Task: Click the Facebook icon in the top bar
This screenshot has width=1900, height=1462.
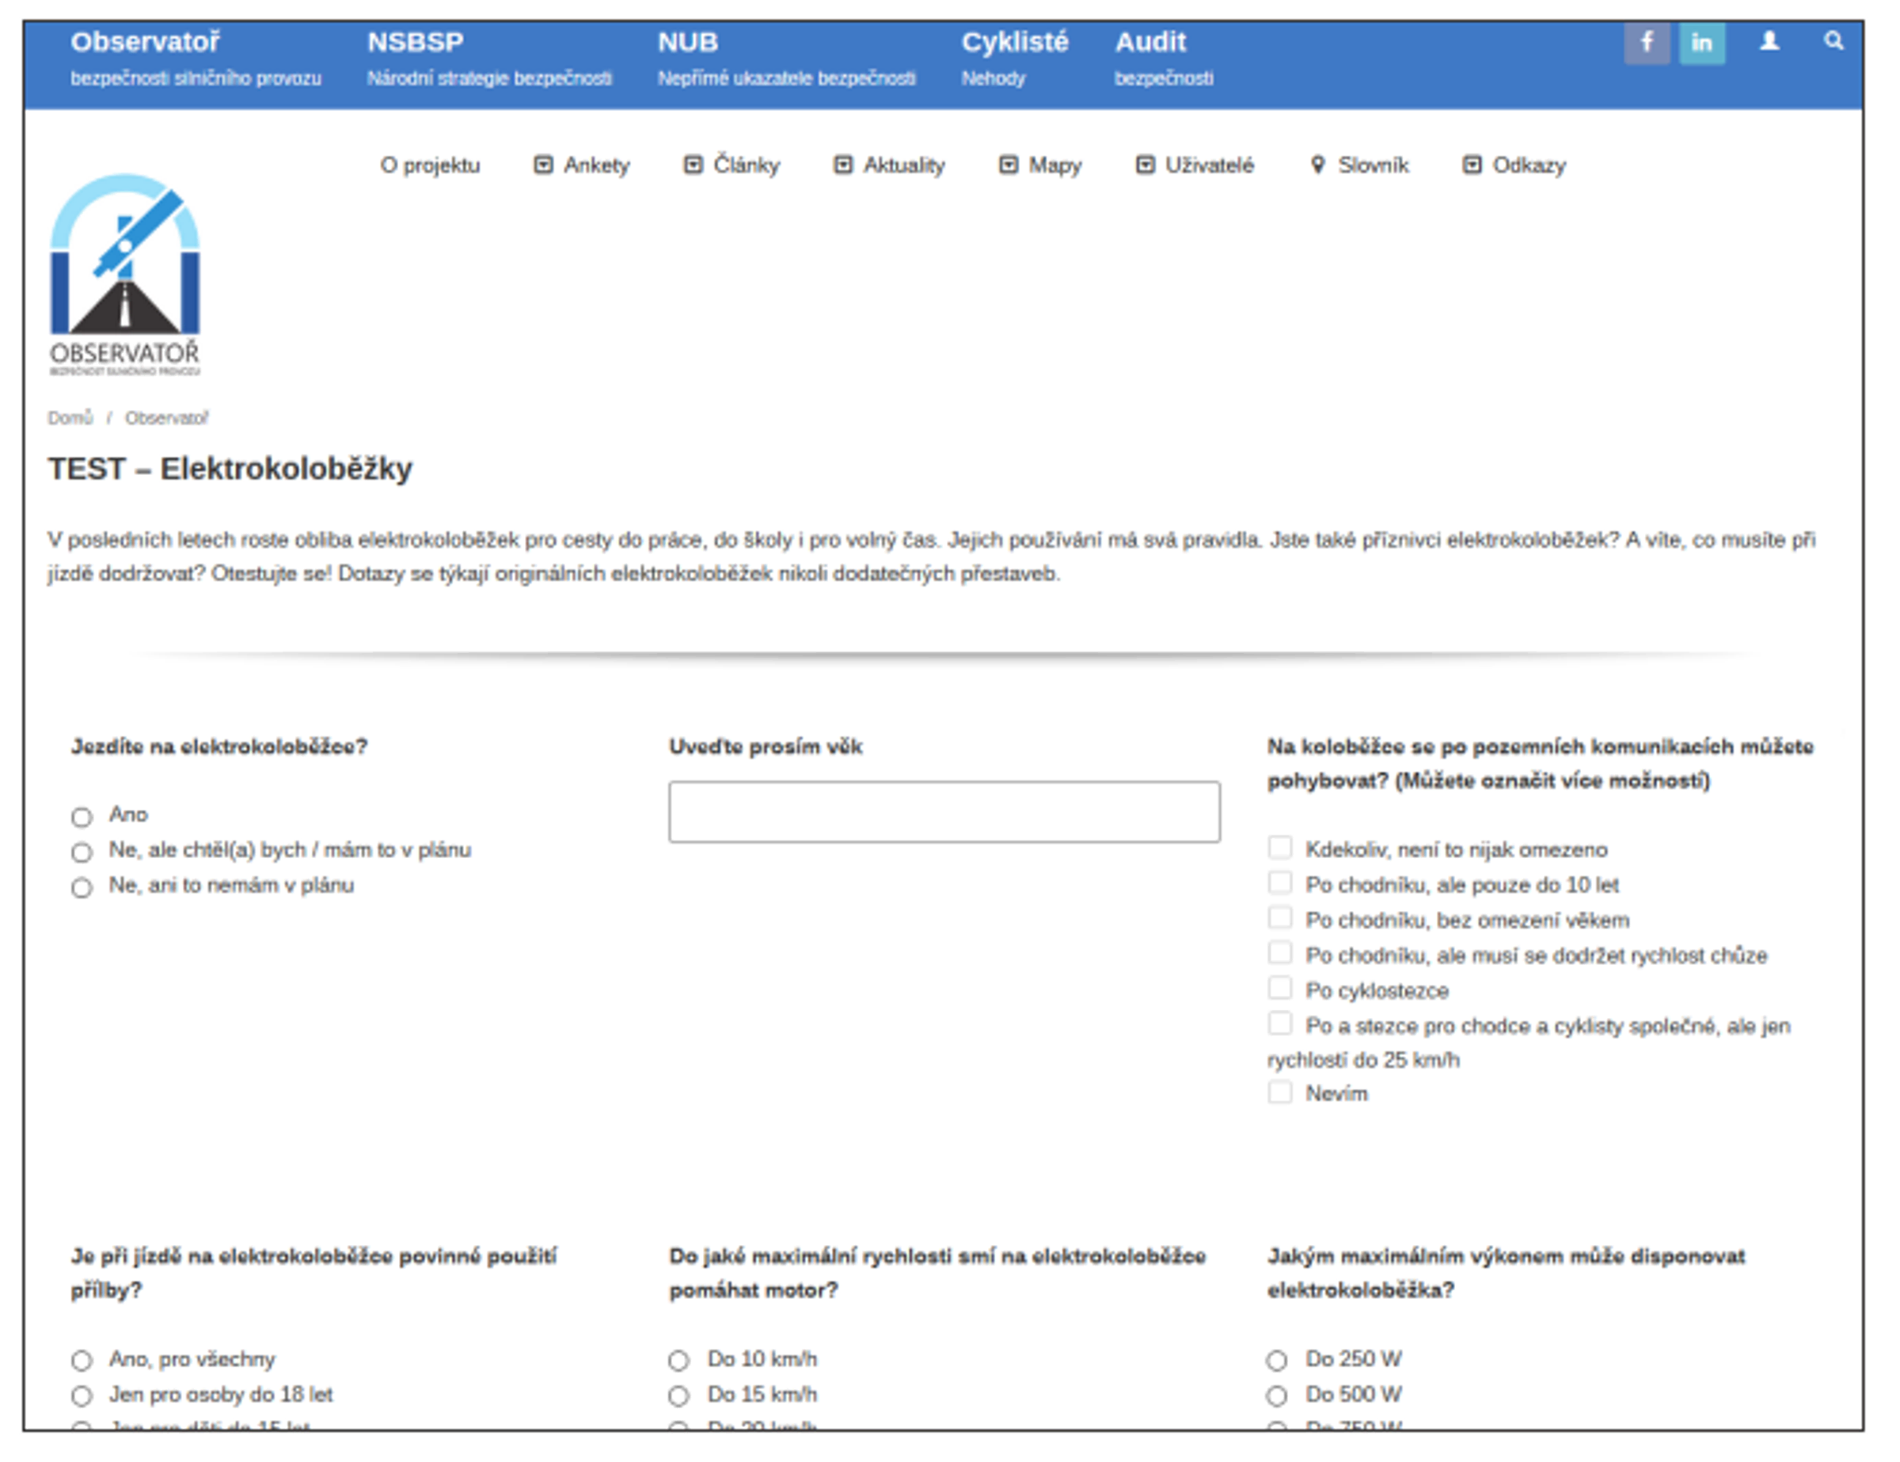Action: click(1646, 43)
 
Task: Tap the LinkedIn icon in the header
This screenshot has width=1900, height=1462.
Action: click(1700, 43)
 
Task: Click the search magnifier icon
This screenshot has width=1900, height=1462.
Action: click(1832, 41)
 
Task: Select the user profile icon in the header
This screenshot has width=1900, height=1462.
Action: click(1769, 41)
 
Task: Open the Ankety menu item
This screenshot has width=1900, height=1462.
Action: click(582, 165)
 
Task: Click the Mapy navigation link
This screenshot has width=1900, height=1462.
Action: click(1041, 165)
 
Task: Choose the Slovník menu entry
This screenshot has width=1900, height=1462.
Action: click(1360, 165)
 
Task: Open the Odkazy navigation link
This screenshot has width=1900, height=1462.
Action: click(1514, 165)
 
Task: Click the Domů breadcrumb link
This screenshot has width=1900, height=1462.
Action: click(70, 418)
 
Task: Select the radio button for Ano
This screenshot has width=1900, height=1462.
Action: click(82, 817)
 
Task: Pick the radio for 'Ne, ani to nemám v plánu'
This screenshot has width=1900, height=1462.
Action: click(82, 887)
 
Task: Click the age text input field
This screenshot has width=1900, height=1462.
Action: click(944, 811)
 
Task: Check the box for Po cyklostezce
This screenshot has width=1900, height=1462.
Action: click(1279, 988)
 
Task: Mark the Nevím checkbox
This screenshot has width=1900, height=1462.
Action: click(1279, 1092)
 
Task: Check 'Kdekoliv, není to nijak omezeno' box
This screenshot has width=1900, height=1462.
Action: click(1279, 847)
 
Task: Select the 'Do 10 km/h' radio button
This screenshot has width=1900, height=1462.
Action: click(678, 1360)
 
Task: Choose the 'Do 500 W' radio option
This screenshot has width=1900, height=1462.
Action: click(1276, 1396)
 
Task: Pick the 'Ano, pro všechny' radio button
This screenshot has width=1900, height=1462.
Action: click(82, 1360)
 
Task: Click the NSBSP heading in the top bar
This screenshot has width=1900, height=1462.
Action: click(415, 42)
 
